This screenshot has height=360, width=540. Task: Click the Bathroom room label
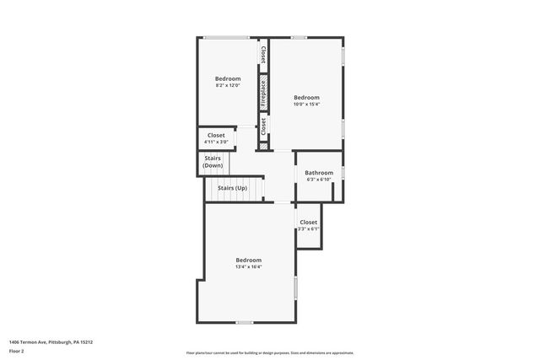click(x=319, y=173)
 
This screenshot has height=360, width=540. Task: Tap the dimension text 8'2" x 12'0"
click(x=228, y=85)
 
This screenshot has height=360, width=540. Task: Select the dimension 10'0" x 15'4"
click(x=306, y=105)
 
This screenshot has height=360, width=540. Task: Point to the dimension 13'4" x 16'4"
click(x=249, y=267)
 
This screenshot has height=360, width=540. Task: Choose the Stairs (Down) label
click(x=213, y=162)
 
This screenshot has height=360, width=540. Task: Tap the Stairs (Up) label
click(x=232, y=188)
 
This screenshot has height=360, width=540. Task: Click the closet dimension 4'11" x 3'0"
click(x=216, y=142)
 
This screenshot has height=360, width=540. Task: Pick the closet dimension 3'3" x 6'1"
click(x=309, y=228)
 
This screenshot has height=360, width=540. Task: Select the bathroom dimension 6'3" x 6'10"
click(x=319, y=180)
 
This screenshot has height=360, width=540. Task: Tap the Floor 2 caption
click(x=18, y=351)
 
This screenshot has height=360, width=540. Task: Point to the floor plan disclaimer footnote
click(x=270, y=352)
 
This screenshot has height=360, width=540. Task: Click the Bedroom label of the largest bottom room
click(x=249, y=260)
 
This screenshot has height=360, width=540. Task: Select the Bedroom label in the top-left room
click(x=228, y=78)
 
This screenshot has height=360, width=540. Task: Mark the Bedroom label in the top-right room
click(x=306, y=97)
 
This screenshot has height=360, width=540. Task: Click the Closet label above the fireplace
click(x=263, y=55)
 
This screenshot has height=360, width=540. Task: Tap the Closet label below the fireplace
click(x=263, y=126)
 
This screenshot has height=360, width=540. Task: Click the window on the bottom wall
click(x=245, y=322)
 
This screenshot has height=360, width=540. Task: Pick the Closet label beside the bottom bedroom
click(x=309, y=222)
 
